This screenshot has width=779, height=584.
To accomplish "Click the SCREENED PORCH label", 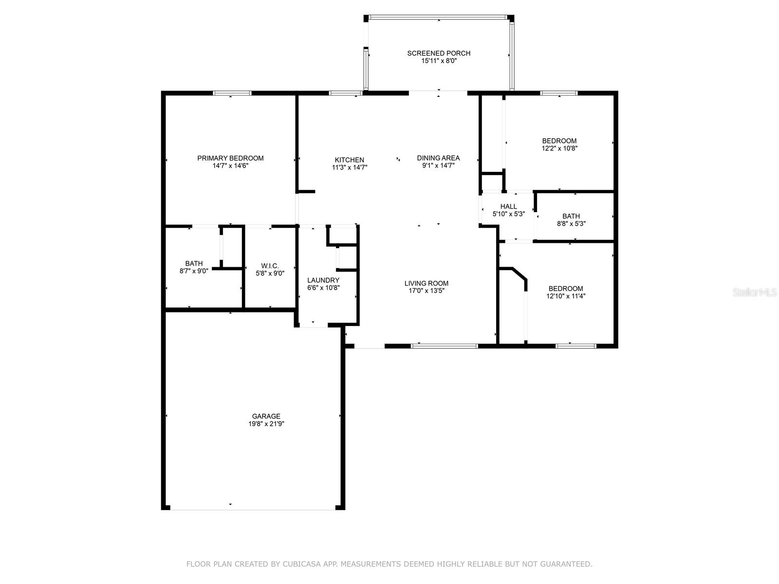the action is (x=439, y=53).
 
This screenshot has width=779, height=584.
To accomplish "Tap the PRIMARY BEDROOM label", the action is (x=230, y=158).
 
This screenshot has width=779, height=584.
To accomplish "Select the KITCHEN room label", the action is (x=349, y=160).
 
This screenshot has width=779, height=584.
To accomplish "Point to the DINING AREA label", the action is (x=438, y=158).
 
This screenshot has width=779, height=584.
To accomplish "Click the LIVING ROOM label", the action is (x=426, y=283).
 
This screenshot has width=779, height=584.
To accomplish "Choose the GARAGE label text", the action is (x=266, y=416).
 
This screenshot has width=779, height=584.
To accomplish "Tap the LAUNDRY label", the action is (x=323, y=280).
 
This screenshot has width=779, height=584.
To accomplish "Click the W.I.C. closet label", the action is (x=270, y=266).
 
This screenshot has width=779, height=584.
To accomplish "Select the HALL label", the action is (x=509, y=206).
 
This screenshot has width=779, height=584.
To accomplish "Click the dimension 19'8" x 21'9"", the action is (x=266, y=424).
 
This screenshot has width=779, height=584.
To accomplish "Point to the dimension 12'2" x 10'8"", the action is (x=559, y=148).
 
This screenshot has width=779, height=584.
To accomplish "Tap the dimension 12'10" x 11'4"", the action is (x=566, y=296).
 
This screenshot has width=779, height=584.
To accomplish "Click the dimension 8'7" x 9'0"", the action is (x=194, y=271).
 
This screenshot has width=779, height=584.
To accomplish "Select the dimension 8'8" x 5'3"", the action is (x=571, y=224).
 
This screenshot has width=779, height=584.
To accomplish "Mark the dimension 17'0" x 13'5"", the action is (x=426, y=291).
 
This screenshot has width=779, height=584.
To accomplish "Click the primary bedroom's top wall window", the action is (x=232, y=93).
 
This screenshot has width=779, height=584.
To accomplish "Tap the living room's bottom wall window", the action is (x=445, y=346).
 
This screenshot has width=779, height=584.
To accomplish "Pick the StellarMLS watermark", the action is (x=755, y=292).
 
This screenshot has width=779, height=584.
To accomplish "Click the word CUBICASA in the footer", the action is (x=302, y=564).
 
